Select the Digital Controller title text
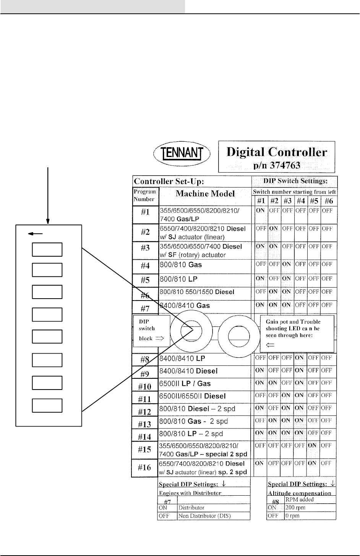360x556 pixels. (277, 152)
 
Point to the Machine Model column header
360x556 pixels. (205, 194)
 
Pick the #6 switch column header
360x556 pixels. (329, 201)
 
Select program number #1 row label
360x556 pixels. (145, 212)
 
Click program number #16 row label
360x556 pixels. (144, 467)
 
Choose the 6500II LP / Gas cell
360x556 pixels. (185, 383)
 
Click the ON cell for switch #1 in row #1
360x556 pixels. (260, 210)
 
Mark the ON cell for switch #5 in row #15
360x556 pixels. (312, 445)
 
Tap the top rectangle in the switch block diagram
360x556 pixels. (47, 249)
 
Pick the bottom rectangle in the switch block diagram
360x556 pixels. (47, 405)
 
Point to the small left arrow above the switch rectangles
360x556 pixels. (32, 234)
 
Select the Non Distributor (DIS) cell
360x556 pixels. (204, 516)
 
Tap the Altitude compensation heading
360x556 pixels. (299, 493)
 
